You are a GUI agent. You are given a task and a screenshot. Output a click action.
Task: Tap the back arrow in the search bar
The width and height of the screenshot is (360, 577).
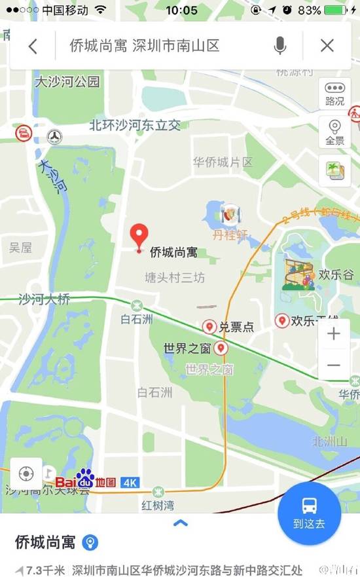click(x=33, y=46)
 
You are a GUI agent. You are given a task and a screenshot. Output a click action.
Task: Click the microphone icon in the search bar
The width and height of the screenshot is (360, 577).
click(x=280, y=46)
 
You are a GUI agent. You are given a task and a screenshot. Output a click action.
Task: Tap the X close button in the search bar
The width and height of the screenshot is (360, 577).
click(x=327, y=46)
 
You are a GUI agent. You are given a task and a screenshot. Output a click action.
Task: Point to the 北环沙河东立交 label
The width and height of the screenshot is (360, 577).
click(x=135, y=124)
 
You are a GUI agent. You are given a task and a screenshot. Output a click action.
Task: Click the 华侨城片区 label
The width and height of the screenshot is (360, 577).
click(x=223, y=161)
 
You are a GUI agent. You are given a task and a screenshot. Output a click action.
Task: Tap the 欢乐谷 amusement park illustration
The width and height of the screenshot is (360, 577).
click(x=298, y=274)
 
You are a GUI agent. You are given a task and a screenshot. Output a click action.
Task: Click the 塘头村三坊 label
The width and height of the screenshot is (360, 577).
click(x=175, y=278)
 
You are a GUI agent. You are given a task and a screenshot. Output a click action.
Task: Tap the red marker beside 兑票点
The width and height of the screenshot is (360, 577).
click(x=209, y=326)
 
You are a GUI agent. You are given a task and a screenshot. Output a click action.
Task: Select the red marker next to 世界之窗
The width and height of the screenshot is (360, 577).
click(x=221, y=348)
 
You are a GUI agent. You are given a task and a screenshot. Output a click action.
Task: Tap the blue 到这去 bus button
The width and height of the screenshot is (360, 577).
click(x=309, y=512)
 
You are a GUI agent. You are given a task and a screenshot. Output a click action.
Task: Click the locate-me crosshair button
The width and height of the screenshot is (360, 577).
click(x=26, y=473)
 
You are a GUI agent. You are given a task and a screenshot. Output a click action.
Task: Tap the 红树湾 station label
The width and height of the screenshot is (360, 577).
click(x=158, y=505)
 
